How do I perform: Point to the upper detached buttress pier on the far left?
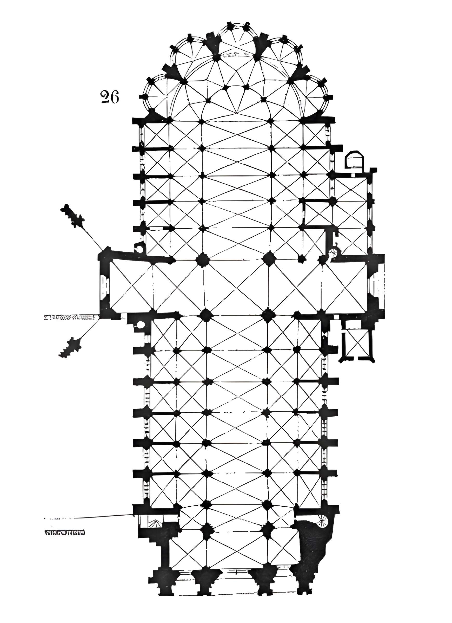[73, 216]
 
